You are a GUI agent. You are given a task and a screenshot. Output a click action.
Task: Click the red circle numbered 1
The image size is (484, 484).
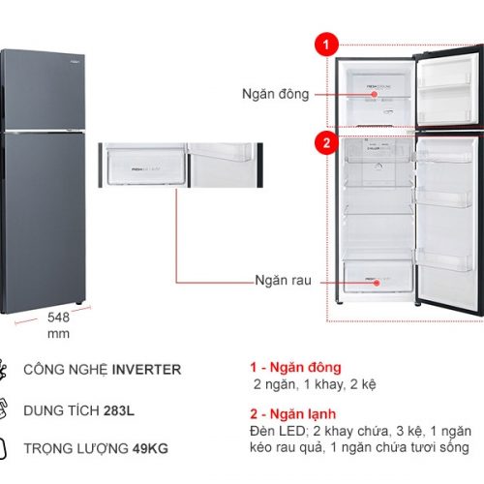[326, 45]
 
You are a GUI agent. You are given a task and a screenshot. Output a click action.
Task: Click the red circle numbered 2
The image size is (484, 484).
[326, 142]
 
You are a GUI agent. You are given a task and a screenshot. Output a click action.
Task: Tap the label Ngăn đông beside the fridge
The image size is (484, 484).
[276, 94]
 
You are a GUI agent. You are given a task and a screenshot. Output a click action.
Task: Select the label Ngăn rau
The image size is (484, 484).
[283, 280]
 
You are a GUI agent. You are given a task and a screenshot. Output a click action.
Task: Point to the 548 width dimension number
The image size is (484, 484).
[58, 318]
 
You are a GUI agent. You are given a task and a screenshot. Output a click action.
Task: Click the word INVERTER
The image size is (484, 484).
[146, 370]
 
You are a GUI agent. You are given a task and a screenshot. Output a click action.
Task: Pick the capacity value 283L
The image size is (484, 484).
[119, 410]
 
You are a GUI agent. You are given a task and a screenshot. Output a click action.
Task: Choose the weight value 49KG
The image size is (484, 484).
[150, 448]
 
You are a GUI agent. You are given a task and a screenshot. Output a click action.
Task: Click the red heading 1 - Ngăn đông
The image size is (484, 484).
[295, 368]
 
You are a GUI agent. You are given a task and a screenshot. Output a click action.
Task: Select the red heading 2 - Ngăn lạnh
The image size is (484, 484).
[293, 414]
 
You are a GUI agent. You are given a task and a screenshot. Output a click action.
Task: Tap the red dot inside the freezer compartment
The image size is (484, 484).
[375, 94]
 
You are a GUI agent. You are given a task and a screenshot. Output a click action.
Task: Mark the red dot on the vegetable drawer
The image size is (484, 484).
[377, 283]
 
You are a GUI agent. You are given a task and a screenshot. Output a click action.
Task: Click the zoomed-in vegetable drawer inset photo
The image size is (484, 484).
[181, 165]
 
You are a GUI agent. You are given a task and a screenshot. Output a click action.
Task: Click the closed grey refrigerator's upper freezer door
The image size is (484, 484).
[45, 90]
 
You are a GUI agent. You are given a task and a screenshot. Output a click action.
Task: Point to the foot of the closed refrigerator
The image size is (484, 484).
[78, 303]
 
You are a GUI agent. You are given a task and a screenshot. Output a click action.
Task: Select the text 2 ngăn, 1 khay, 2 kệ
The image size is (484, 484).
[315, 384]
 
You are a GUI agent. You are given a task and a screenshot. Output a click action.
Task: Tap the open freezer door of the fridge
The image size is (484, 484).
[447, 88]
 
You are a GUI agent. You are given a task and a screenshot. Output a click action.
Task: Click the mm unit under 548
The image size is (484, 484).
[58, 334]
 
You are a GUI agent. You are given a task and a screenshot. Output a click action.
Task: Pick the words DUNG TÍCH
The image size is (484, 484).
[61, 410]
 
